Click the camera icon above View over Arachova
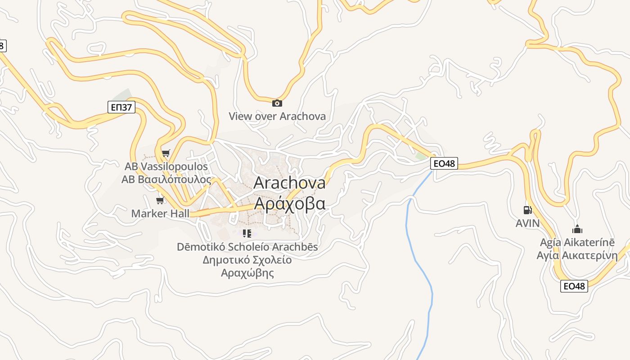coord(277,103)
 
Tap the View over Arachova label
coord(277,116)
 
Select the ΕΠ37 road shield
coord(121,107)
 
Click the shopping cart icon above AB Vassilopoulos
coord(166,153)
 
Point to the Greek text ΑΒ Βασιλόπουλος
coord(166,180)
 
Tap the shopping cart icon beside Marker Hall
coord(160,200)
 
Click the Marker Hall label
coord(160,213)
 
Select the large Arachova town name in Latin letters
coord(289,183)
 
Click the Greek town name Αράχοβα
coord(289,203)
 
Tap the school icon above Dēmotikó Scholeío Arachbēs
coord(247,233)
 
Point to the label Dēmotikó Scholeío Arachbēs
coord(247,247)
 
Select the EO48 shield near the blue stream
coord(444,163)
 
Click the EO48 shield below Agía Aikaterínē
coord(574,286)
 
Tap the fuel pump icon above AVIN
coord(527,210)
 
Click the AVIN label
coord(527,223)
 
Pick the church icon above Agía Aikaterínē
coord(577,229)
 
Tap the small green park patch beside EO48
coord(421,156)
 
